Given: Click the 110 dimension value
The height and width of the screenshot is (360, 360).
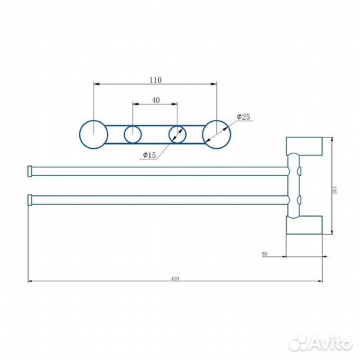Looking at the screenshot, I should (x=155, y=79).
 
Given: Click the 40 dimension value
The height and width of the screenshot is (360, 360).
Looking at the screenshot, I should (x=155, y=99).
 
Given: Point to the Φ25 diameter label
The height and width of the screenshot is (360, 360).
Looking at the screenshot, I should (x=243, y=117).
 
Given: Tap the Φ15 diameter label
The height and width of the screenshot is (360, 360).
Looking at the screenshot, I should (x=149, y=156).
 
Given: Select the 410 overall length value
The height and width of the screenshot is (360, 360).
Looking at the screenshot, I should (x=176, y=277).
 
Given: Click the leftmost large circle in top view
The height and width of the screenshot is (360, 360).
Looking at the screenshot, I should (x=93, y=133).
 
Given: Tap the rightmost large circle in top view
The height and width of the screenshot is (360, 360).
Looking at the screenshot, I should (x=216, y=133).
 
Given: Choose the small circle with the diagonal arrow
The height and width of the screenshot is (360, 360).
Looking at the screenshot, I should (x=177, y=134).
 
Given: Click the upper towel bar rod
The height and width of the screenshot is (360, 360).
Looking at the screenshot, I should (x=160, y=172).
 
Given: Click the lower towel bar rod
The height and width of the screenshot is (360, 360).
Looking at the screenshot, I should (x=160, y=199).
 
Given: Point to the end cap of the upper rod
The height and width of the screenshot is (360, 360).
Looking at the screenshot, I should (x=29, y=172).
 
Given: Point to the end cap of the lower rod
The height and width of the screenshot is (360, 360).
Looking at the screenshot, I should (x=29, y=199).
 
